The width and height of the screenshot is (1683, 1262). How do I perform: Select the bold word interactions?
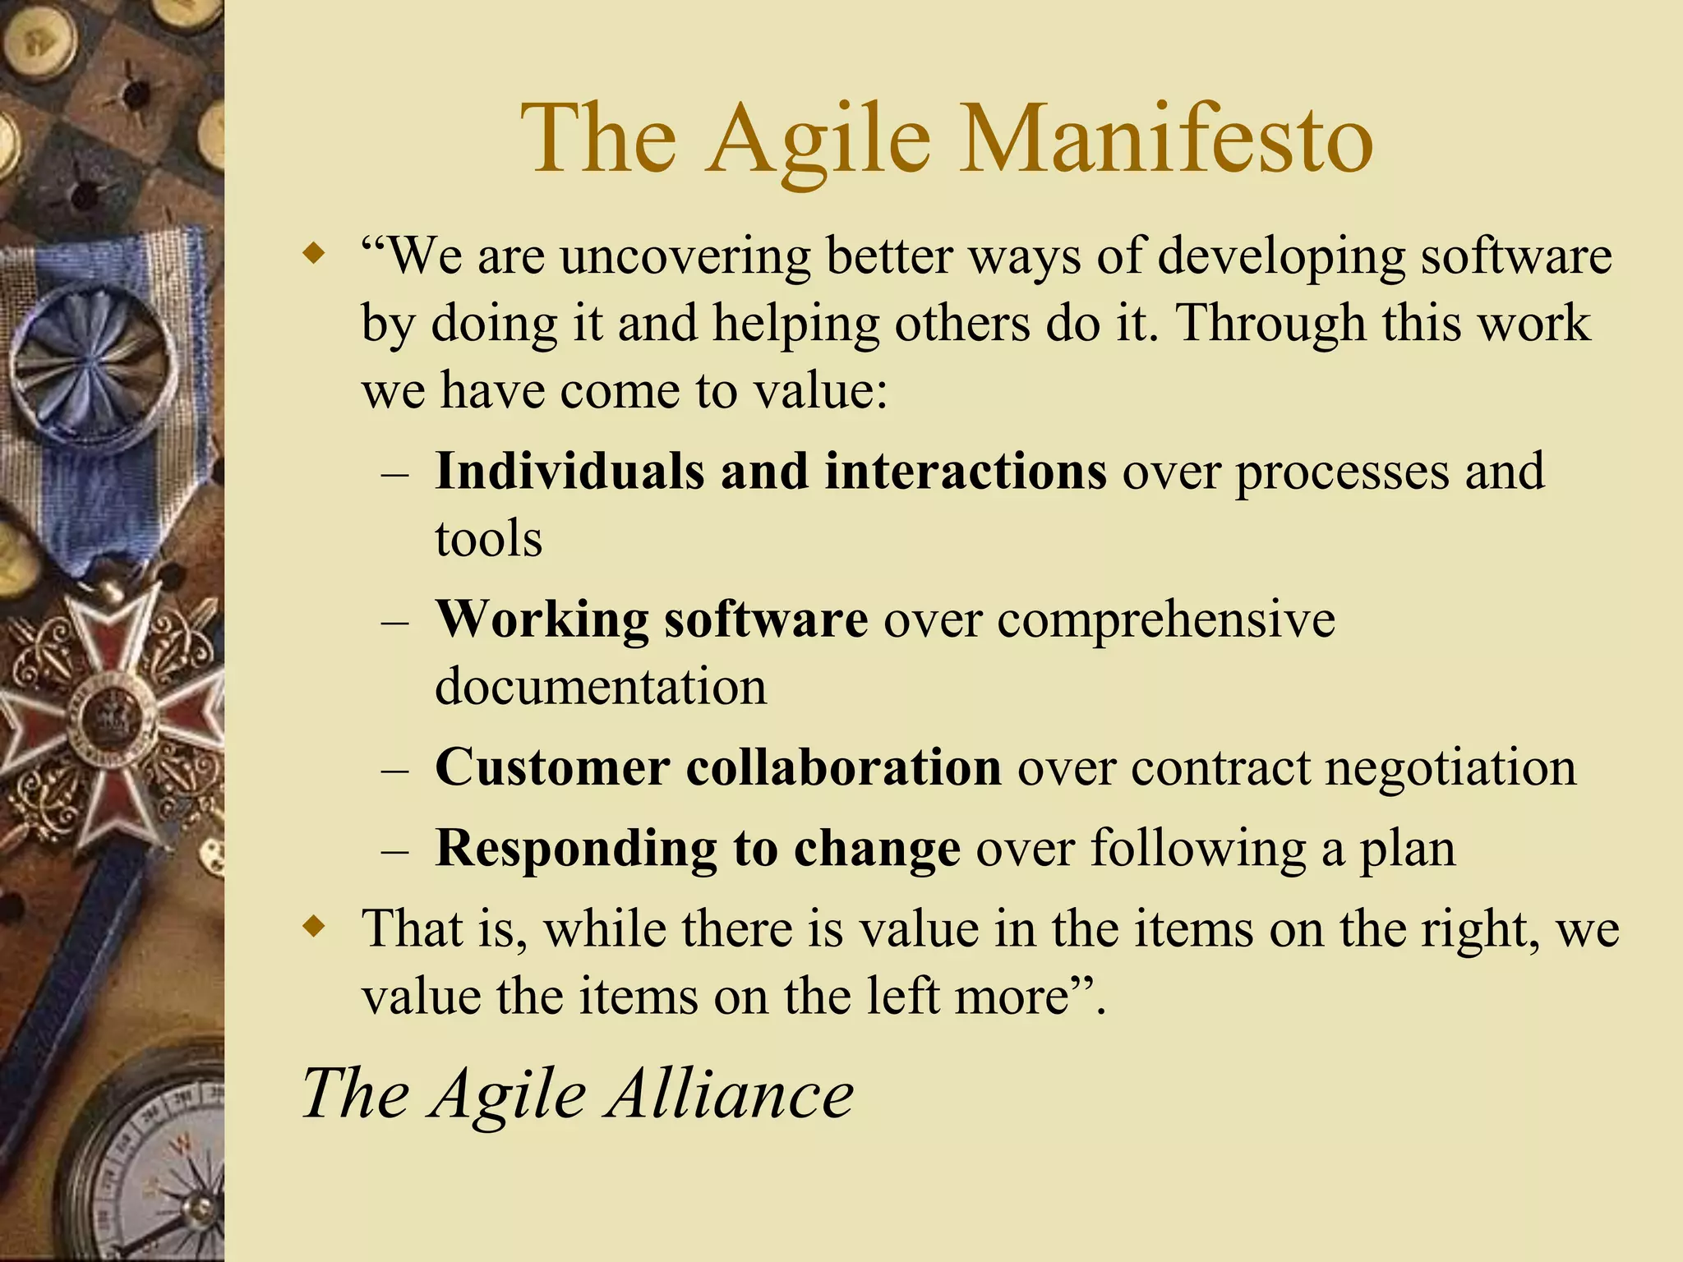[966, 472]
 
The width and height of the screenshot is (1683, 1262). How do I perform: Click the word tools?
[488, 540]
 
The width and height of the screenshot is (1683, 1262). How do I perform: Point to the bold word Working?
[542, 619]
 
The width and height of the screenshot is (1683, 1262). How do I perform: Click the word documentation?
[600, 687]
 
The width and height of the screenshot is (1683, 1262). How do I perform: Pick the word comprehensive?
[1166, 621]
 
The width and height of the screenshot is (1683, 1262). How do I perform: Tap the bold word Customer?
[552, 767]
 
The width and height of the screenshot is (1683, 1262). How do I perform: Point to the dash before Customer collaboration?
[395, 771]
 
